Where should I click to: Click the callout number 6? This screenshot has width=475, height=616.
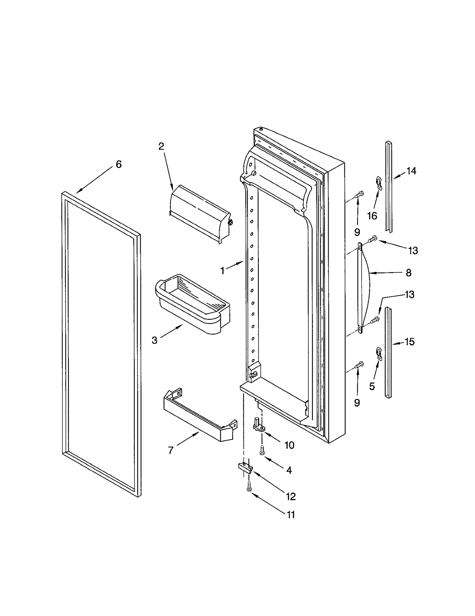point(118,164)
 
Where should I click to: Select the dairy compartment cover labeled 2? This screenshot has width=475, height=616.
point(199,214)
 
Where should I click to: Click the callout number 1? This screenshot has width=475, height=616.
point(222,270)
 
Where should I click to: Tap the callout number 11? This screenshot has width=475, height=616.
point(291,514)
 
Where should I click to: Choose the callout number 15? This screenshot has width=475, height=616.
point(409,342)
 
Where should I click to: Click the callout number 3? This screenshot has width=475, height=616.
point(154,340)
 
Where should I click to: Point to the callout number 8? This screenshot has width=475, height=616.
point(408,273)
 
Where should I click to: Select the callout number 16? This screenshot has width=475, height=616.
point(372,216)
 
